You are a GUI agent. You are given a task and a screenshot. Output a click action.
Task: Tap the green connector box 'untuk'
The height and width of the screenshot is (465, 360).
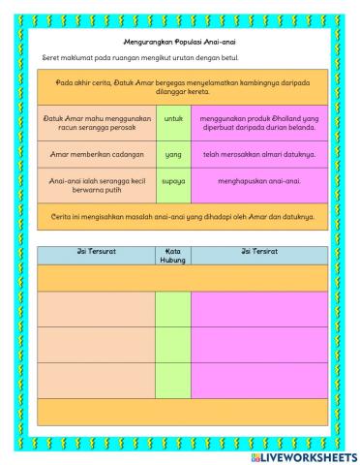[x=173, y=119]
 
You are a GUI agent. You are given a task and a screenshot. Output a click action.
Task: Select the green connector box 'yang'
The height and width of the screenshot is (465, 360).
[x=173, y=153]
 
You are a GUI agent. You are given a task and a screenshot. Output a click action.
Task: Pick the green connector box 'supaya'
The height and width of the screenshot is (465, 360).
[x=173, y=182]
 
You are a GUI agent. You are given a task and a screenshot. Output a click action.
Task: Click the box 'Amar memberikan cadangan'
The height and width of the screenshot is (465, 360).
[x=97, y=153]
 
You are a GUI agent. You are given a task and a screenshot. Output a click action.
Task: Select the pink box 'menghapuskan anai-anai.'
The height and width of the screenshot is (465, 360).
[x=259, y=181]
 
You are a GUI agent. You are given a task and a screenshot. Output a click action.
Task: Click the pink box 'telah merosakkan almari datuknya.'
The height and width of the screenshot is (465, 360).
[x=259, y=153]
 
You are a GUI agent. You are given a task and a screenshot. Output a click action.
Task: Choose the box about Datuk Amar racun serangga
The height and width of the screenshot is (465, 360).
[x=97, y=119]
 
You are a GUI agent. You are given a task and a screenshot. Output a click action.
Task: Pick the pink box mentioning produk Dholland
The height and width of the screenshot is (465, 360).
[x=259, y=119]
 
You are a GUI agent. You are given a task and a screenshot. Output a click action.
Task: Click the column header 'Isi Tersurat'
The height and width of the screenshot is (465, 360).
[x=96, y=252]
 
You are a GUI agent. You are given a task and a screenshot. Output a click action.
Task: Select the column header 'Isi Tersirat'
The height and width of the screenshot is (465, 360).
[x=259, y=252]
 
